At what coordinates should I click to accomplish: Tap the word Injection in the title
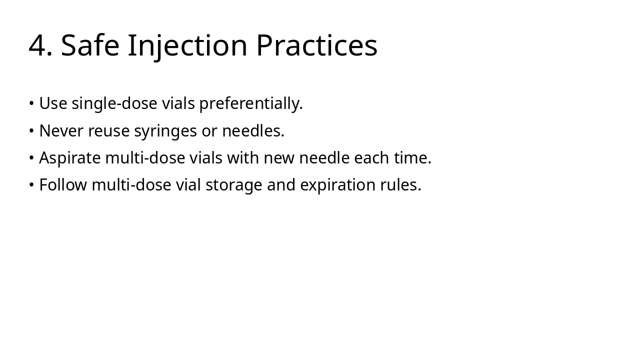point(187,45)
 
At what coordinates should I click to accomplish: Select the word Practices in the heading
point(316,45)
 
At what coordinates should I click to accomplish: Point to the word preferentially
point(251,104)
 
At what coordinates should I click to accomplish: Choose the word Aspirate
point(70,158)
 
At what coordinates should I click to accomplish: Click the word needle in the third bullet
point(325,158)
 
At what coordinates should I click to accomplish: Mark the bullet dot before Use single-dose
point(31,104)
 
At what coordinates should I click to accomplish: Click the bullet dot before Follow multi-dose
point(31,185)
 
